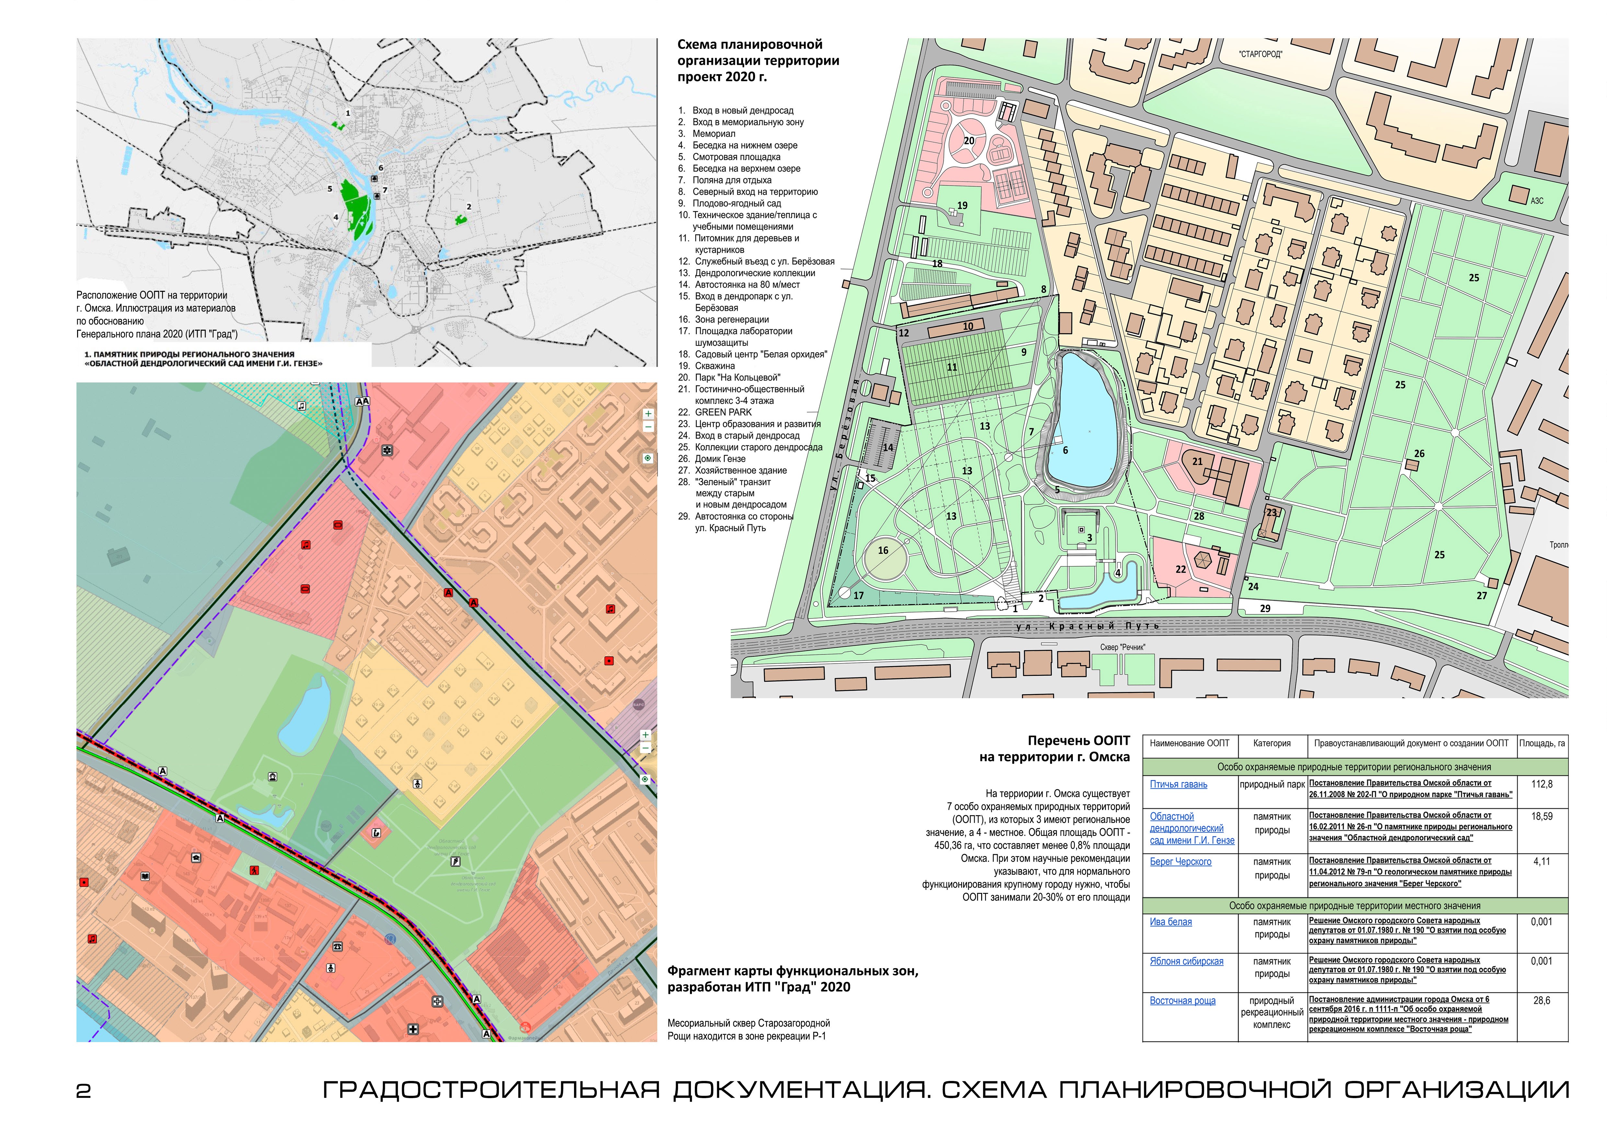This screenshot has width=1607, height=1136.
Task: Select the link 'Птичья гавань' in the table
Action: [x=1179, y=784]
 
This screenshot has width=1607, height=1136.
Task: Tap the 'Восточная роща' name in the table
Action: [x=1183, y=1001]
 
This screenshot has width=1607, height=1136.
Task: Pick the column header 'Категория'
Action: [x=1272, y=744]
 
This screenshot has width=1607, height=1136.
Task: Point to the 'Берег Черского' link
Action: [x=1181, y=862]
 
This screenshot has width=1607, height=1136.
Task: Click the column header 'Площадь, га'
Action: [x=1542, y=744]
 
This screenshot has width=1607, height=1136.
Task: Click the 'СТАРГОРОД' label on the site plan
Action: [x=1260, y=54]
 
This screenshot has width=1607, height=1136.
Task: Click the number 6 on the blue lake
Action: [x=1065, y=450]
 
